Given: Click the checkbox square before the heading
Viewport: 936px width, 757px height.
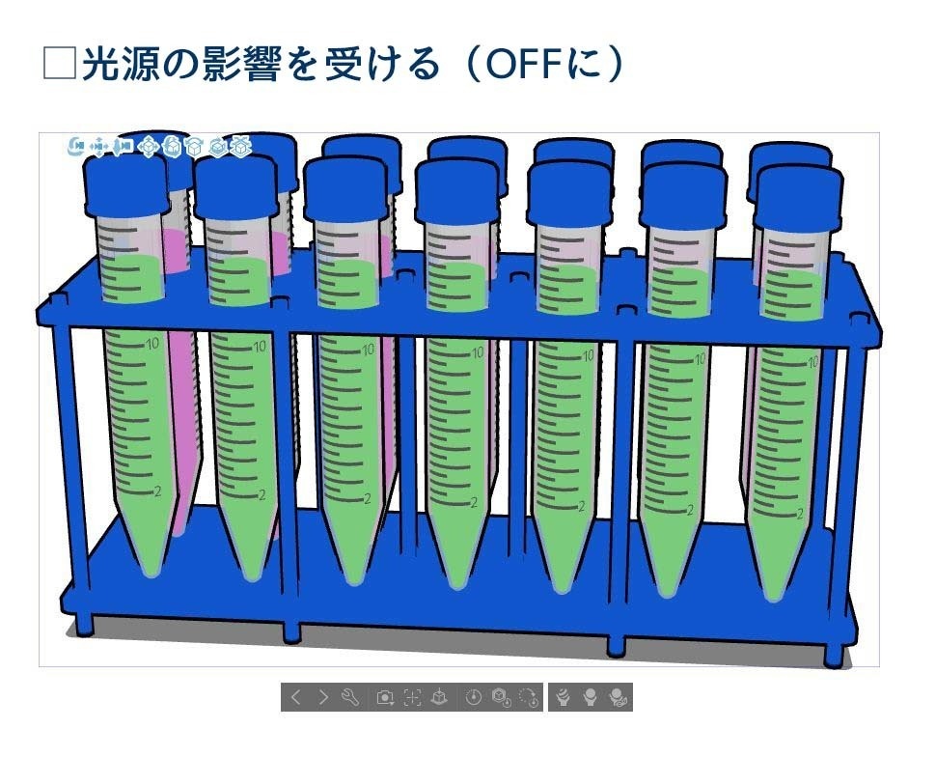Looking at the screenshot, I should [60, 64].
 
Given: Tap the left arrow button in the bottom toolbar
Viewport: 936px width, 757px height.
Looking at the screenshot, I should [296, 697].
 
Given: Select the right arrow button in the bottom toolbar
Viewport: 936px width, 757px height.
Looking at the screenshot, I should [323, 697].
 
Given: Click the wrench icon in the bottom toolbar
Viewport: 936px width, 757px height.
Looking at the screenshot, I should [350, 697].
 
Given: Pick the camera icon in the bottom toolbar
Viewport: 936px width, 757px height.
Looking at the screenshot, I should [385, 697].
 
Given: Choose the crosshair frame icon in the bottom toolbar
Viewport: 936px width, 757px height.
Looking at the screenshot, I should [412, 697].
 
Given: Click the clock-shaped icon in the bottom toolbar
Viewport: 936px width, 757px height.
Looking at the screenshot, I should [473, 697].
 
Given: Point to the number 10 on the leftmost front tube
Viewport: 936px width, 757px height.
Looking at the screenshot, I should [151, 343].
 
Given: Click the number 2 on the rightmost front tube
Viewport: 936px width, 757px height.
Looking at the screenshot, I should [800, 514].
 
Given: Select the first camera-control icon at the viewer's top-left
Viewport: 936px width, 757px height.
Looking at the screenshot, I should [76, 146].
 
